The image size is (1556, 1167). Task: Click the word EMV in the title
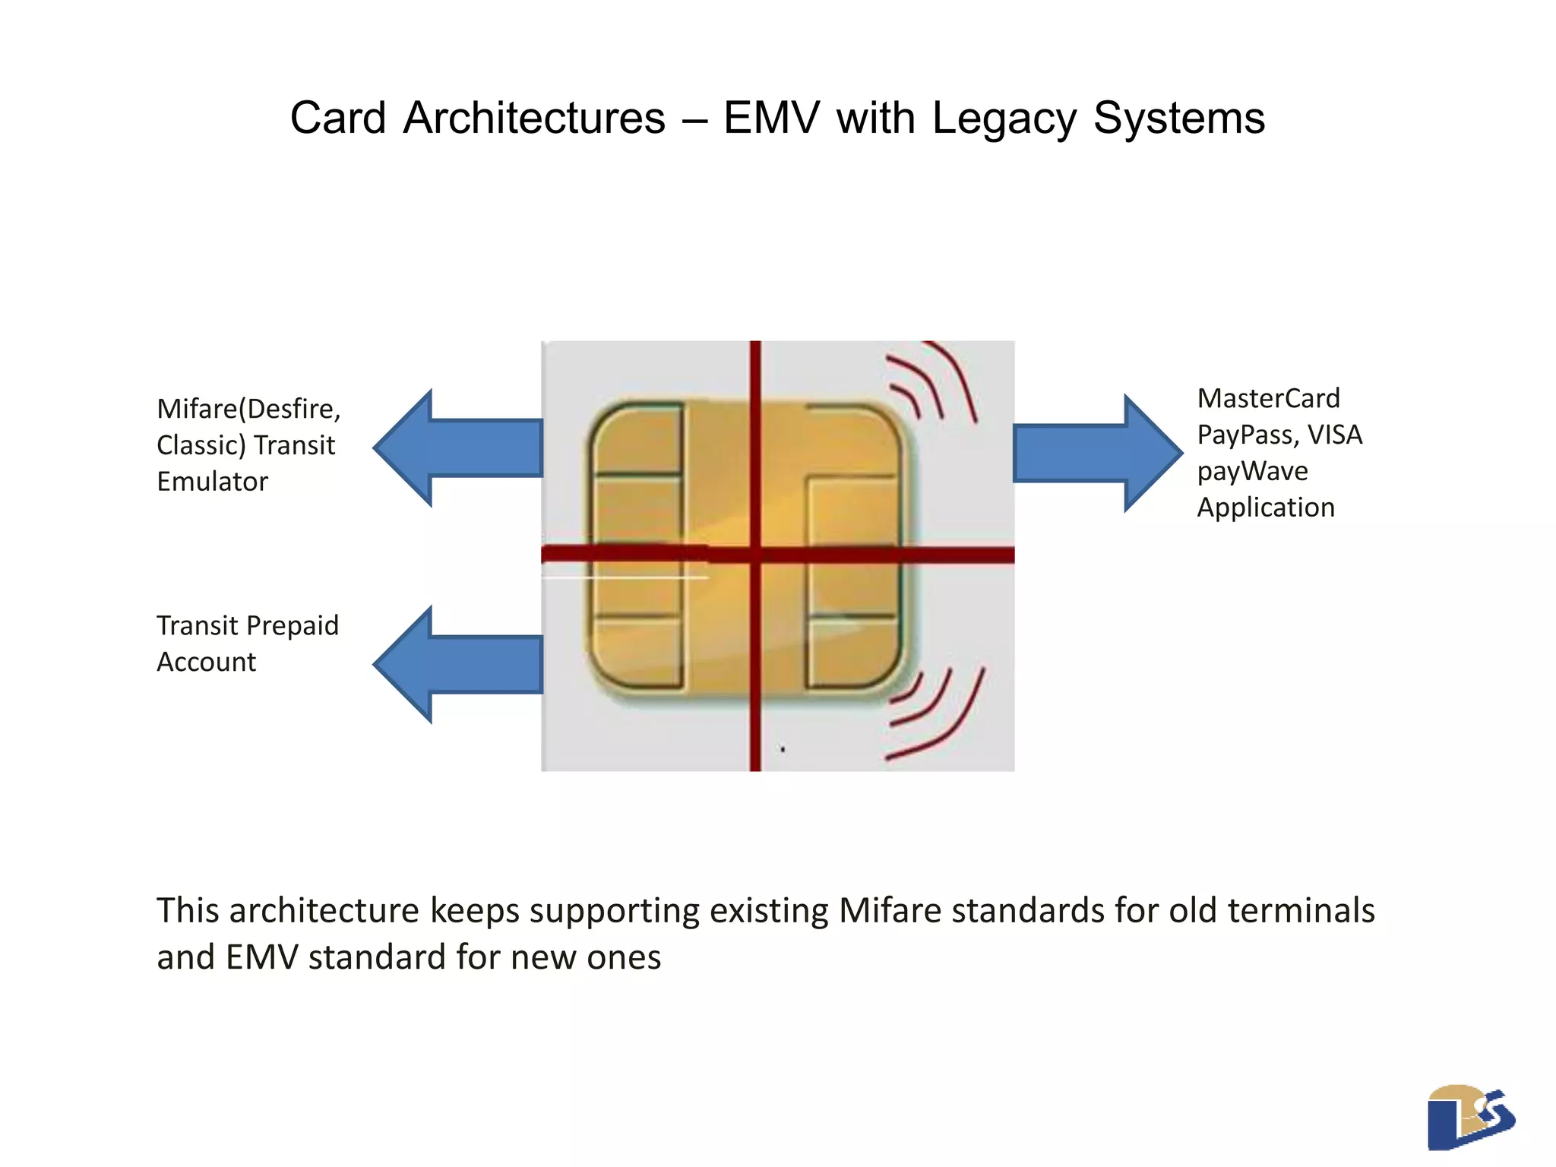click(x=771, y=119)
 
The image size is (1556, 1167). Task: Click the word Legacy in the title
click(x=1005, y=120)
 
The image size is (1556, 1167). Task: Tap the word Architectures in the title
click(x=534, y=119)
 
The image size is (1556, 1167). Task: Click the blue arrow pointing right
click(x=1098, y=454)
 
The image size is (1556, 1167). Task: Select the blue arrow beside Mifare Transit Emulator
click(x=458, y=448)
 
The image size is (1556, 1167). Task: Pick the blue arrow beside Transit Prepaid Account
click(x=458, y=665)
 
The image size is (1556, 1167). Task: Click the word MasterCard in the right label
click(x=1268, y=398)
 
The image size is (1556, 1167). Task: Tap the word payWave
click(x=1252, y=472)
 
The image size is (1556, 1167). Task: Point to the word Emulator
click(x=212, y=482)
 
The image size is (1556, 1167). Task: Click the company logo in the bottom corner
click(x=1470, y=1117)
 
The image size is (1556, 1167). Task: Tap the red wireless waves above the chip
click(x=932, y=382)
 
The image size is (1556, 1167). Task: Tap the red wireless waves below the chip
click(x=935, y=714)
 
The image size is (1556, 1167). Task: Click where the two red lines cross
click(x=755, y=555)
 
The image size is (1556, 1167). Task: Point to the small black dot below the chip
click(x=783, y=749)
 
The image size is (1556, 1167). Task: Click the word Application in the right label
click(x=1266, y=508)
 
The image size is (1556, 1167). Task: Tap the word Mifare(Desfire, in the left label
click(x=248, y=409)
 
